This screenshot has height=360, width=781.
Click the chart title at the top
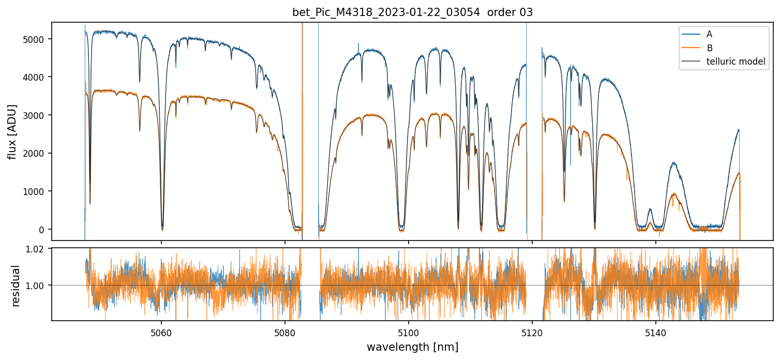[412, 12]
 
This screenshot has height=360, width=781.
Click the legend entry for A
[709, 34]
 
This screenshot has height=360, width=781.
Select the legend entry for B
[709, 48]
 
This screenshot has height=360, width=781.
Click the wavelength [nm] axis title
[412, 347]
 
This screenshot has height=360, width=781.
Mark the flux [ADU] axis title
[12, 131]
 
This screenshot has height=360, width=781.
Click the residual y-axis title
[16, 285]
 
